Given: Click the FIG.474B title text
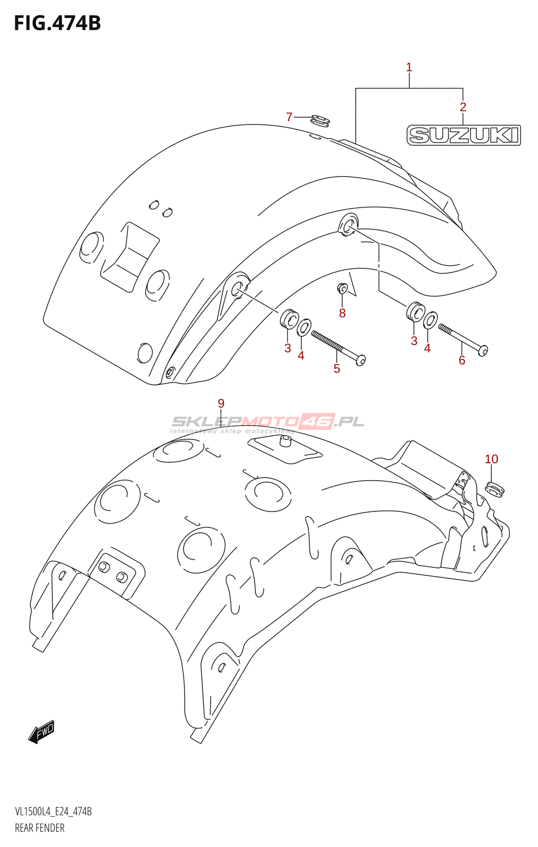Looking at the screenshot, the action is click(58, 23).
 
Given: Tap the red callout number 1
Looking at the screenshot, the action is click(409, 68).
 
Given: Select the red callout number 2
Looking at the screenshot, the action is click(463, 107).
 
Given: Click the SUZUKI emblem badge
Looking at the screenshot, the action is click(464, 135).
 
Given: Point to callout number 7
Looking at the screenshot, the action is click(289, 117).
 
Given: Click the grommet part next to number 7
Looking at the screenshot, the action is click(320, 121).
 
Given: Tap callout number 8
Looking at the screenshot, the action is click(342, 313).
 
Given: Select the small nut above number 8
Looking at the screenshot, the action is click(342, 289).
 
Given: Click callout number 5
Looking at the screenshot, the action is click(337, 368).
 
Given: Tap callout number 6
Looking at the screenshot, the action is click(462, 360).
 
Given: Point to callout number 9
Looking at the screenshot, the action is click(221, 403).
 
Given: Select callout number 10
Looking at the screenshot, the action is click(491, 459).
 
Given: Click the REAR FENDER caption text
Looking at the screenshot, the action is click(40, 828).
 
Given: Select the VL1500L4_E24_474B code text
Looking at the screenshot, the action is click(53, 812).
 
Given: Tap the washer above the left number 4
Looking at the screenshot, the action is click(304, 328).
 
